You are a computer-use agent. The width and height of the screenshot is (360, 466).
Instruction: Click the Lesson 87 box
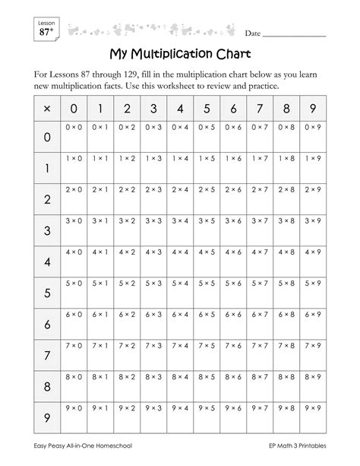[x=46, y=29]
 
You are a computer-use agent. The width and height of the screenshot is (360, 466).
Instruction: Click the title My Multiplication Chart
[x=180, y=56]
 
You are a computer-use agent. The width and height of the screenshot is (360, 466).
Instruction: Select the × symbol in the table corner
[x=47, y=109]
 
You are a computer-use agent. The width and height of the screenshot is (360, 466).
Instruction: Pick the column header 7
[x=261, y=109]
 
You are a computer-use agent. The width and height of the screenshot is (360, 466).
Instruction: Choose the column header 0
[x=74, y=109]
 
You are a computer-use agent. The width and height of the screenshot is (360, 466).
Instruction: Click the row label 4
[x=47, y=262]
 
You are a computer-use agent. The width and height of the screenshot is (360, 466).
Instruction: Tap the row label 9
[x=47, y=417]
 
